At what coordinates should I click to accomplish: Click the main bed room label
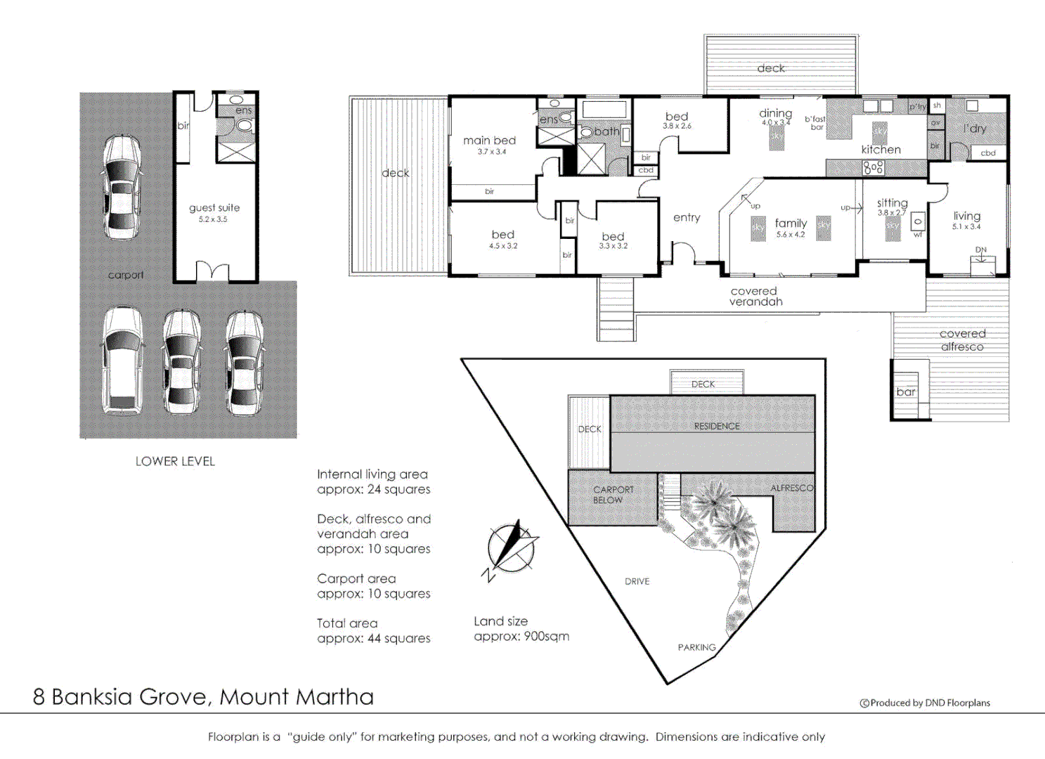489,141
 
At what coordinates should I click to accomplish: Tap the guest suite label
214,208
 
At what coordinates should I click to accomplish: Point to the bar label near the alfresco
906,392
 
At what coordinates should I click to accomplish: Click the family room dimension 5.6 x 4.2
791,235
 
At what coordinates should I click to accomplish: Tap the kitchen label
881,150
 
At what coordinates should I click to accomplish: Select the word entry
687,218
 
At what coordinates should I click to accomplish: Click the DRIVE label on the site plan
637,581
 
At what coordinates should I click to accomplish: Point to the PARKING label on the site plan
696,647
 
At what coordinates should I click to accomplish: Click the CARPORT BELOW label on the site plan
612,495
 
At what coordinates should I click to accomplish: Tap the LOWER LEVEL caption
175,462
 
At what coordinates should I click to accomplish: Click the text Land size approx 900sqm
521,629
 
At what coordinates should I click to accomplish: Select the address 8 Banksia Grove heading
203,697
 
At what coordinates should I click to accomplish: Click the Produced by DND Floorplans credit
925,703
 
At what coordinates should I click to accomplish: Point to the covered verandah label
755,297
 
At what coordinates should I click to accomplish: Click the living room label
966,216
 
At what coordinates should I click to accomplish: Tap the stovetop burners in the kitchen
873,168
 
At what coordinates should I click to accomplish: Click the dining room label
775,114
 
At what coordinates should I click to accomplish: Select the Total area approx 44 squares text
373,631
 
